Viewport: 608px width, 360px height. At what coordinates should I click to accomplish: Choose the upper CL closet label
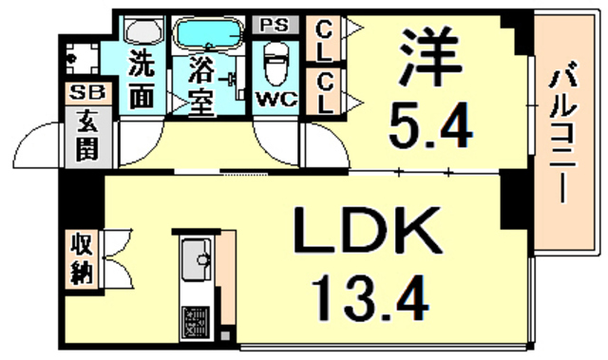[x=324, y=40]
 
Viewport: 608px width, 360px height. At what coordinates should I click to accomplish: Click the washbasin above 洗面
[x=142, y=31]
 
